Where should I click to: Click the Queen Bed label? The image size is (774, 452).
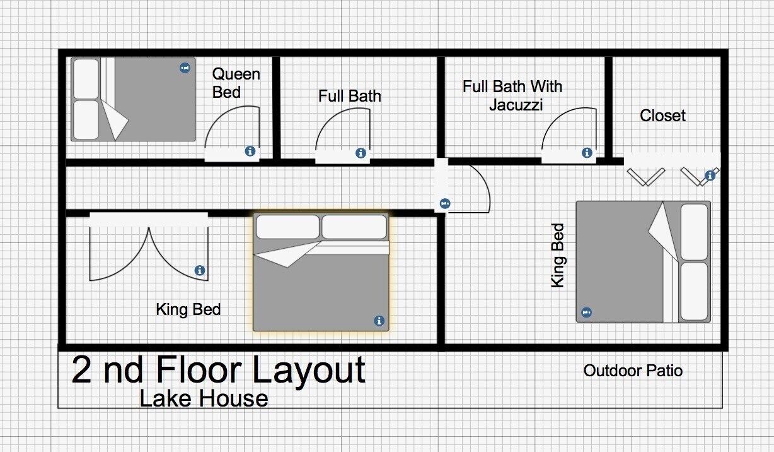236,83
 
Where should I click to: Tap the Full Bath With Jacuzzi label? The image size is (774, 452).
513,95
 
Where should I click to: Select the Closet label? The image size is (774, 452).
662,116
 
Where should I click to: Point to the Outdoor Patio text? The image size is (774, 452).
633,371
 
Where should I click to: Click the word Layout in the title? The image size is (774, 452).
309,371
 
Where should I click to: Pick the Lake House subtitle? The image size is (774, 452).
204,398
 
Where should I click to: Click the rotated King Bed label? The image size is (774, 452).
558,256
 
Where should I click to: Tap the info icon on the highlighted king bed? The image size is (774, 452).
379,321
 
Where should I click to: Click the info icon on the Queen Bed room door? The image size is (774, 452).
250,152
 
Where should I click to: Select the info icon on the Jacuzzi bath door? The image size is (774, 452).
587,153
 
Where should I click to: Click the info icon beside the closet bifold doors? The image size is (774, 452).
710,176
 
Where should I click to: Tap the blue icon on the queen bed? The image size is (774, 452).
185,68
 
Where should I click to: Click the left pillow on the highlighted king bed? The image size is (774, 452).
287,227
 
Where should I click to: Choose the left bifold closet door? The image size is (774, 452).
646,177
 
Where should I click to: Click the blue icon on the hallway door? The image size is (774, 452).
445,203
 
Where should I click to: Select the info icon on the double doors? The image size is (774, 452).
200,270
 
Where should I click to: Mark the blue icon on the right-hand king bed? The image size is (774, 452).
586,312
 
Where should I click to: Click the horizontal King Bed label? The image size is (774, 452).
188,309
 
